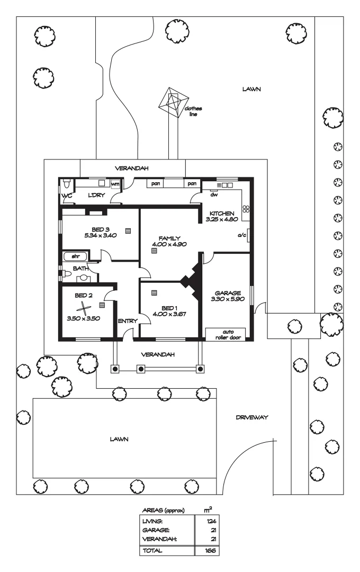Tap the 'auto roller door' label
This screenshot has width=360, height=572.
pos(226,334)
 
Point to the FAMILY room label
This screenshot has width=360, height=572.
pos(170,238)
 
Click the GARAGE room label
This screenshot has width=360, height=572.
pos(228,293)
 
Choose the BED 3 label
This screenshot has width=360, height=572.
pos(100,229)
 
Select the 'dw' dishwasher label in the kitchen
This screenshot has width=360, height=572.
pos(214,194)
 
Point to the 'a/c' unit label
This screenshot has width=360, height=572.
pos(241,235)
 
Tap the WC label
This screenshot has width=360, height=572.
pos(66,195)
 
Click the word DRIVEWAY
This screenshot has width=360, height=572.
pos(252,418)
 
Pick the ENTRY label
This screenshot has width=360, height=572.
pos(127,320)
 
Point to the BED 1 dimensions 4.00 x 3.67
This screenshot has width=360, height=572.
pos(169,314)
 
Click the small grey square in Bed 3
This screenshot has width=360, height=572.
pos(128,230)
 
